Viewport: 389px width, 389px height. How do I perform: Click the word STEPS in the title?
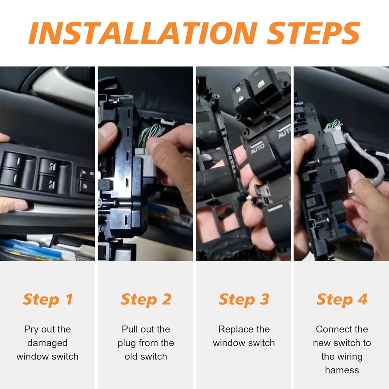pos(313,33)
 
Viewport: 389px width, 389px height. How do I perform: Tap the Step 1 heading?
pos(47,300)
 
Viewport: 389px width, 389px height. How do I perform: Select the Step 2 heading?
pos(146,300)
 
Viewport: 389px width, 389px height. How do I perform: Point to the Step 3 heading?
pos(244,300)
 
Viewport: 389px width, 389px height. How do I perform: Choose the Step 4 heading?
pos(342,300)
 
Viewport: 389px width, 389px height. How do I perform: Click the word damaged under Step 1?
pos(47,343)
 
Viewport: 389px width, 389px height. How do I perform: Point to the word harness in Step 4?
pos(342,370)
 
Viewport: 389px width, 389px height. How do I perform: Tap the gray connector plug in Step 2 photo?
pos(146,161)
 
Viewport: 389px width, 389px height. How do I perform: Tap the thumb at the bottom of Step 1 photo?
pos(14,206)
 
